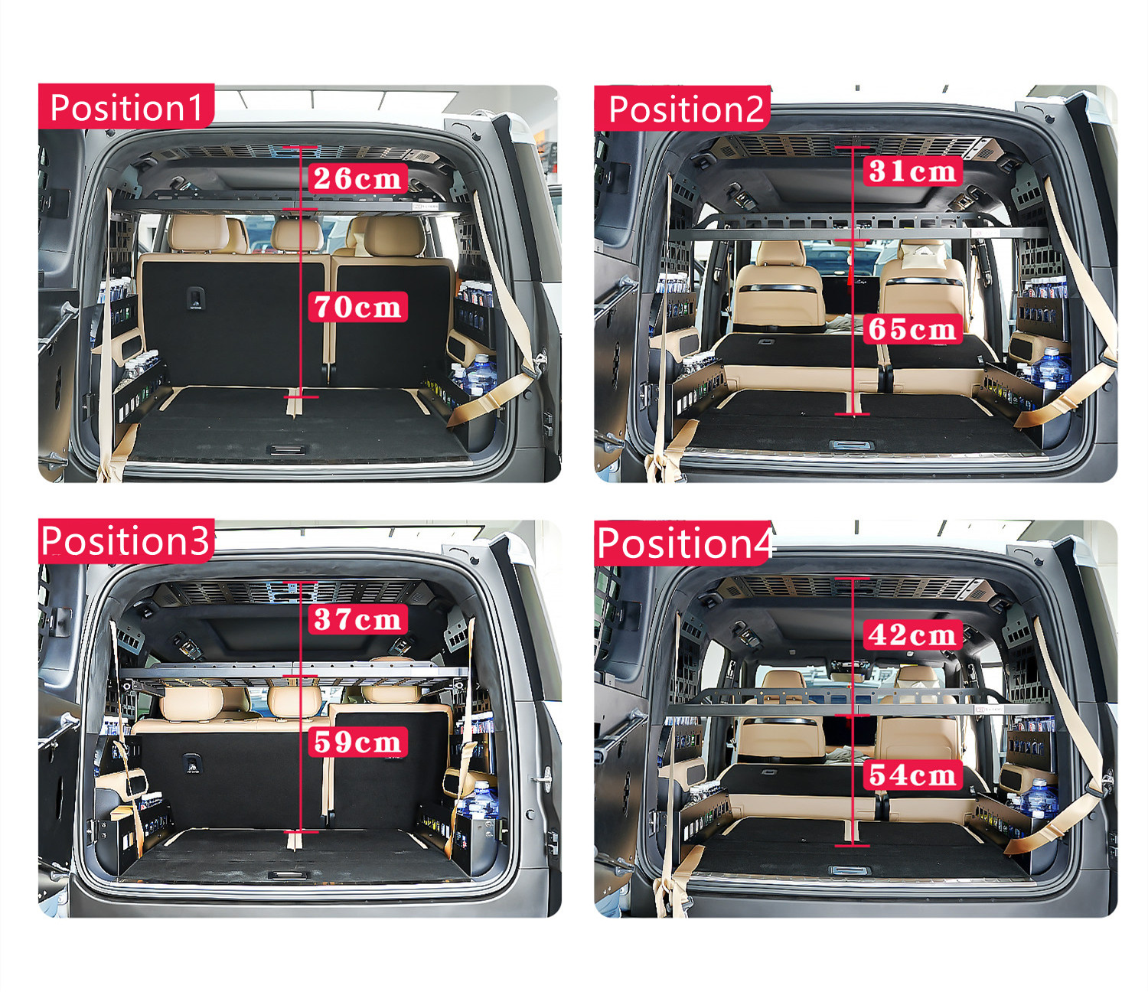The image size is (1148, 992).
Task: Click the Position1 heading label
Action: pyautogui.click(x=126, y=106)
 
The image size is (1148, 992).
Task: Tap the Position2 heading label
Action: pyautogui.click(x=683, y=109)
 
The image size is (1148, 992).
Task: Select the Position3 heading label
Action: pyautogui.click(x=126, y=540)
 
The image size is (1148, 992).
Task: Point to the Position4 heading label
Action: pyautogui.click(x=683, y=543)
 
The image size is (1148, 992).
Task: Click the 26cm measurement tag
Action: pyautogui.click(x=357, y=178)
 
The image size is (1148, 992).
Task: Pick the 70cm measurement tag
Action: pyautogui.click(x=357, y=307)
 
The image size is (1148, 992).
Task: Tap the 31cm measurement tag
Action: pyautogui.click(x=912, y=171)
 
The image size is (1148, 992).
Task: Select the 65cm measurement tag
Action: pyautogui.click(x=912, y=329)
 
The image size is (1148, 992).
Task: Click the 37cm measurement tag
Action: pyautogui.click(x=357, y=618)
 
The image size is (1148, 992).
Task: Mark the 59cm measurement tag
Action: pyautogui.click(x=357, y=742)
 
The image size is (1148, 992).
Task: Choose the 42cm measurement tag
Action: pyautogui.click(x=912, y=635)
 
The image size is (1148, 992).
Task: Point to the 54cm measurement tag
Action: pyautogui.click(x=912, y=775)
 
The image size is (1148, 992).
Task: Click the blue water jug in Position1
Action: pyautogui.click(x=481, y=374)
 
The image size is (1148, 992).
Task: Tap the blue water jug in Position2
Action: pyautogui.click(x=1053, y=367)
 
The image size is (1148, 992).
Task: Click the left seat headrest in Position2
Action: pyautogui.click(x=781, y=253)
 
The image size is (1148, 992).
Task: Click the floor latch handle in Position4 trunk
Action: pyautogui.click(x=850, y=870)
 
